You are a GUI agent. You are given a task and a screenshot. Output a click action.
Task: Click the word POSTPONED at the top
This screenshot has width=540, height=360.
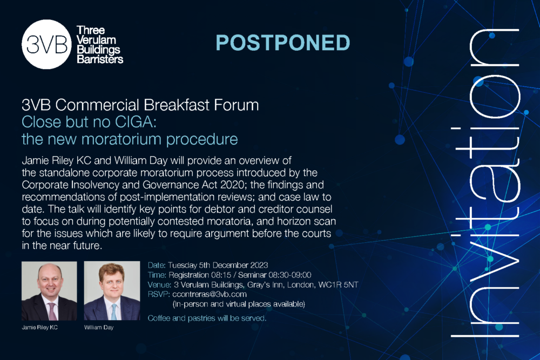click(283, 43)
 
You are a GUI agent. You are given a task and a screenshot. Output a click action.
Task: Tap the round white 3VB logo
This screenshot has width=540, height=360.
click(46, 44)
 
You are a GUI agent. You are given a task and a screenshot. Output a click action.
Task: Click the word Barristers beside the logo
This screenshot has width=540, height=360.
click(100, 59)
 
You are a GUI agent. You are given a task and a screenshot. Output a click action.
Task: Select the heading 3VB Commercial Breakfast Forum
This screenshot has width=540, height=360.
click(140, 105)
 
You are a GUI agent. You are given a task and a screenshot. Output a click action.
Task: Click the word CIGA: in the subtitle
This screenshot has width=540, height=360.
click(136, 122)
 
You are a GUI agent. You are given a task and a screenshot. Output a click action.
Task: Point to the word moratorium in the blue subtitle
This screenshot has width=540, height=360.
click(122, 139)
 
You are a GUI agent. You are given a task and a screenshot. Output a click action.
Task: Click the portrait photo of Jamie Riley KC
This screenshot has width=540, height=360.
click(49, 291)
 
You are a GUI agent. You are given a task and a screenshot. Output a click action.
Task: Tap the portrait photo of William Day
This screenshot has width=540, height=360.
click(112, 291)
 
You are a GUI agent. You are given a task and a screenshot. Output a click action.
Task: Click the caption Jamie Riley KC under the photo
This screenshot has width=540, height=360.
click(39, 327)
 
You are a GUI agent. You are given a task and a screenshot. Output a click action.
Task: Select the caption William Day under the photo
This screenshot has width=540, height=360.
click(99, 327)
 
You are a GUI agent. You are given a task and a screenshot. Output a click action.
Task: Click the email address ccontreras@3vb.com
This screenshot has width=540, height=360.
click(210, 294)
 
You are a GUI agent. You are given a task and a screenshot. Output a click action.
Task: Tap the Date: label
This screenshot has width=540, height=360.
click(157, 265)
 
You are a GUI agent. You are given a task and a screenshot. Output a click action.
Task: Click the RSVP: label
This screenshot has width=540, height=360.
click(159, 294)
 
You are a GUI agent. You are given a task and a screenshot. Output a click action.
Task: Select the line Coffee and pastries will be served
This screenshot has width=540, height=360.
click(207, 318)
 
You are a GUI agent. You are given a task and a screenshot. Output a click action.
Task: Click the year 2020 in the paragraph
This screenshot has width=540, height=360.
click(232, 185)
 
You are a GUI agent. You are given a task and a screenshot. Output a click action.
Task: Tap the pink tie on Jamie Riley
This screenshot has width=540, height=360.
click(52, 311)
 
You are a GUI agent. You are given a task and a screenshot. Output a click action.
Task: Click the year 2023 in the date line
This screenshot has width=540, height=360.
click(259, 265)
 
